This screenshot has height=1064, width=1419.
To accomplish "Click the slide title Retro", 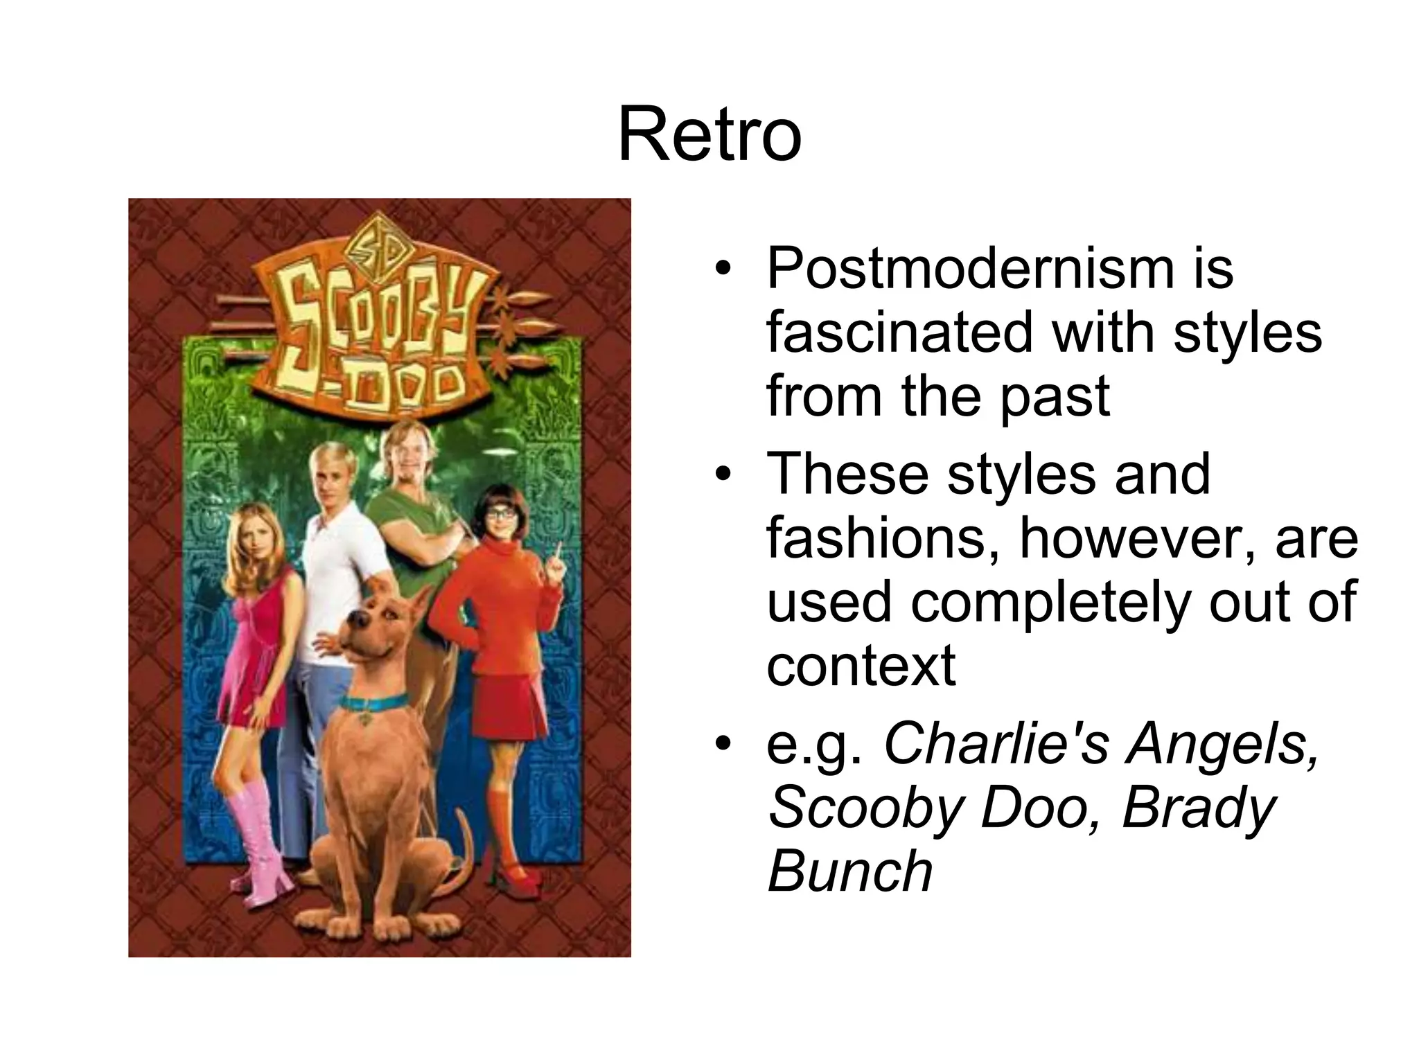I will (709, 135).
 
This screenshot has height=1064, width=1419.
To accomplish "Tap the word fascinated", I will (902, 332).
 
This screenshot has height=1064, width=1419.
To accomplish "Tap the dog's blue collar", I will (374, 703).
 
